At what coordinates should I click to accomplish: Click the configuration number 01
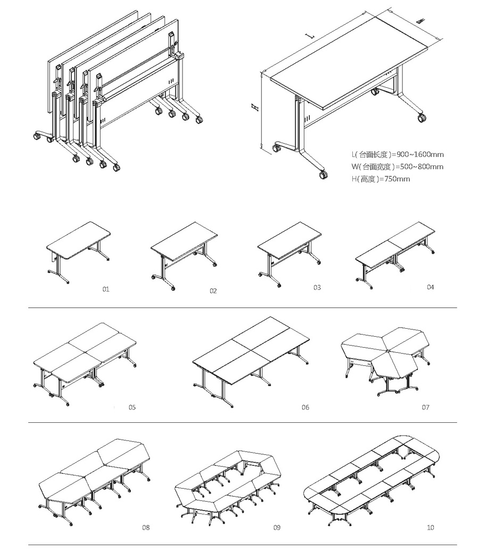tap(105, 289)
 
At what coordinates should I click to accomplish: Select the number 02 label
tap(213, 291)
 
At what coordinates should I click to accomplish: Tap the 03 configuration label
tap(317, 288)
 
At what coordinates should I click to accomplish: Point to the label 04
tap(430, 287)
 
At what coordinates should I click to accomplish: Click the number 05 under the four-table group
tap(132, 407)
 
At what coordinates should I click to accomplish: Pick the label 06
tap(305, 407)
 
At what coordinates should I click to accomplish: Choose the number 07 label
tap(425, 407)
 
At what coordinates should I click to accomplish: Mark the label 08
tap(146, 528)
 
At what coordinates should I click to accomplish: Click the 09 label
tap(277, 528)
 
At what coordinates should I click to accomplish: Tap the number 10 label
tap(430, 528)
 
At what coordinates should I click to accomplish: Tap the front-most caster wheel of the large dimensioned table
tap(323, 174)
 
